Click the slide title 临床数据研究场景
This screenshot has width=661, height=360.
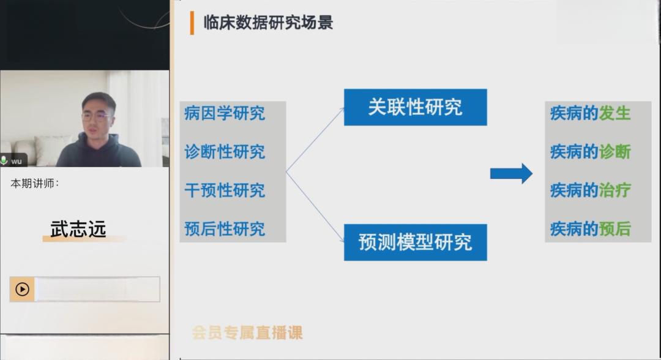pos(268,23)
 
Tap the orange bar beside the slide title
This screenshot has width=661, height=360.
pos(192,23)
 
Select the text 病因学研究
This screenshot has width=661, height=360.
pos(225,113)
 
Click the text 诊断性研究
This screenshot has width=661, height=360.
pos(225,152)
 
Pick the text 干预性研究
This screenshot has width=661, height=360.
pos(225,190)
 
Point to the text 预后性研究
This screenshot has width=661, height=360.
pos(225,230)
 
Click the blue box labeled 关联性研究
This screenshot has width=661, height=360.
pos(415,107)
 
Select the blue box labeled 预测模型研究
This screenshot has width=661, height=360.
pos(415,242)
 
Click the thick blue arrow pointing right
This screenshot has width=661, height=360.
pos(511,173)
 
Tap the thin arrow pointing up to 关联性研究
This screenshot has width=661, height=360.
pos(315,140)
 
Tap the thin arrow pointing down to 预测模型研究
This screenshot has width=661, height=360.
pos(315,207)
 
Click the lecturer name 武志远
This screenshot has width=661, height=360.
pos(78,230)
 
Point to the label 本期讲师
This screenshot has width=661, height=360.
pos(34,184)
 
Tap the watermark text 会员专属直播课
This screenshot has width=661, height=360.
pos(247,333)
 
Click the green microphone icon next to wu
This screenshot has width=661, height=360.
pos(4,160)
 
